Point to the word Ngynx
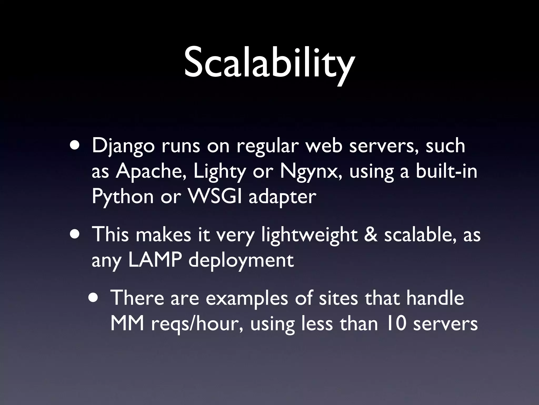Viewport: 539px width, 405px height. [x=311, y=172]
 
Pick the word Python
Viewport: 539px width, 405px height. [x=123, y=197]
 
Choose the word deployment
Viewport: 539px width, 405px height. [x=241, y=261]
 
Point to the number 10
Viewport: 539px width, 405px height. [x=395, y=324]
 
